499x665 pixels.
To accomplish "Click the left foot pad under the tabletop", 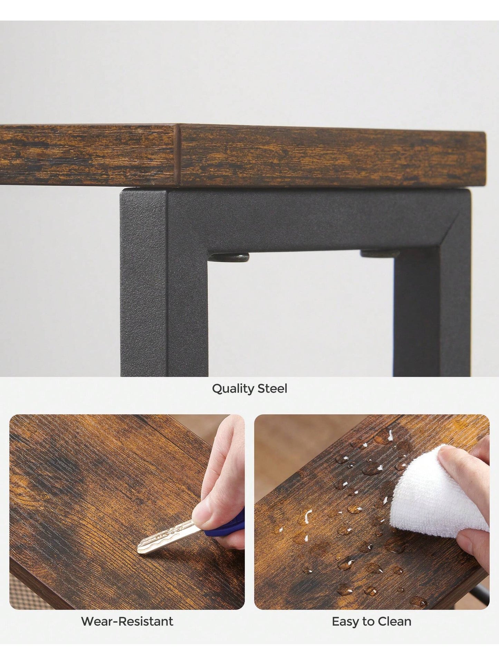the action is [230, 257].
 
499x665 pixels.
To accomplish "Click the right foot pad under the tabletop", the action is [380, 254].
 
